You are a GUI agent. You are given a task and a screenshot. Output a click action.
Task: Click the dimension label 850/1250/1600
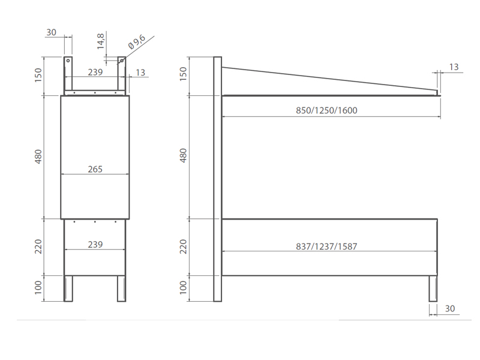(x=326, y=111)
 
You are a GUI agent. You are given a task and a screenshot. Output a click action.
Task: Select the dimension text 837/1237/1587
(x=326, y=247)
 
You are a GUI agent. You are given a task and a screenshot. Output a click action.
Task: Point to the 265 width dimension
(x=95, y=170)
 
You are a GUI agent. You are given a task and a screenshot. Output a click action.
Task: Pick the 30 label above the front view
(x=51, y=32)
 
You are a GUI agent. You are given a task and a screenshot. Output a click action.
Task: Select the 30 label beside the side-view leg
(x=450, y=309)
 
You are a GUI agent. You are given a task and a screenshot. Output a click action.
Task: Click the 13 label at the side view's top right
(x=454, y=67)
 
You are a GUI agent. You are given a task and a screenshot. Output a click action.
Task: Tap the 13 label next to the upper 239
(x=140, y=73)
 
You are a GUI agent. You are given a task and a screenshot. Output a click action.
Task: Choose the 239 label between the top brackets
(x=95, y=72)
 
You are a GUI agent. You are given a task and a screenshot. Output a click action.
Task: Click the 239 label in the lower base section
(x=95, y=245)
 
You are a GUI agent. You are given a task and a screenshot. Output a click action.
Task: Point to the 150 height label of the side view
(x=184, y=76)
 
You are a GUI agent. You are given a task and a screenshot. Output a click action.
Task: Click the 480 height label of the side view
(x=184, y=155)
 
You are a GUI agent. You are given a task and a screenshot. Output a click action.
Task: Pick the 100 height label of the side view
(x=184, y=287)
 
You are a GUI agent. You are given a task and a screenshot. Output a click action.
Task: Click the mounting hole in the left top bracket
(x=68, y=61)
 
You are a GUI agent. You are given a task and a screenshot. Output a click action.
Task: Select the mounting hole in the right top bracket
(x=121, y=61)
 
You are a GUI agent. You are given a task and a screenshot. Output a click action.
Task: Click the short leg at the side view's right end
(x=433, y=288)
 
